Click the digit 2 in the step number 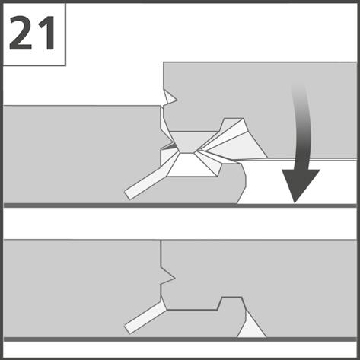[21, 33]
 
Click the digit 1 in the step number [46, 33]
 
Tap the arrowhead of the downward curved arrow [301, 186]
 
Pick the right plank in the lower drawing [279, 274]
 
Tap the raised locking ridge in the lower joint [231, 303]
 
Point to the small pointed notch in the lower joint [167, 276]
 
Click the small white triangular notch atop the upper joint [170, 97]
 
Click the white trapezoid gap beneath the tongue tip [192, 165]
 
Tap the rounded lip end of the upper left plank [241, 183]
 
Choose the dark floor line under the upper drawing [180, 205]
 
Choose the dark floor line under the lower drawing [180, 339]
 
